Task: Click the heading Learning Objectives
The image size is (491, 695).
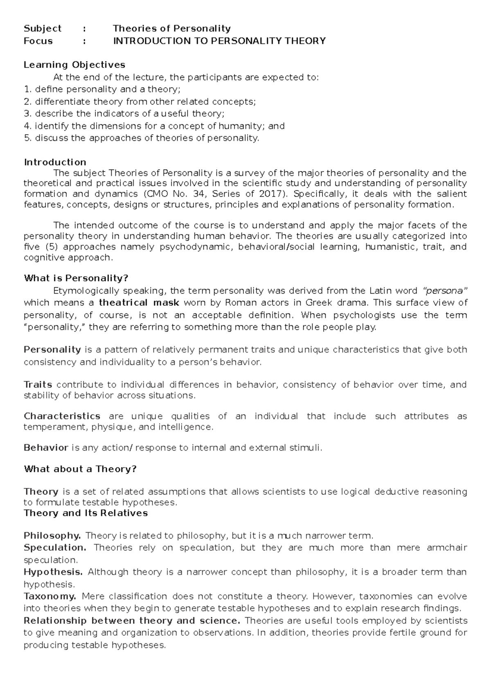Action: click(74, 65)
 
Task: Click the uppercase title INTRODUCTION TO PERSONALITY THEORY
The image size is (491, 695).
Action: click(219, 41)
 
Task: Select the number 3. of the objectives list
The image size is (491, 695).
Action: click(27, 114)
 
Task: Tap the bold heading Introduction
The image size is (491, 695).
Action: click(55, 162)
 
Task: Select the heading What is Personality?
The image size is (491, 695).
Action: click(76, 278)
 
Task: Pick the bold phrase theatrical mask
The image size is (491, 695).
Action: click(139, 303)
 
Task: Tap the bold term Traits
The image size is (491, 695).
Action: click(38, 385)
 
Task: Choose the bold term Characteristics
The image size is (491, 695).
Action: click(62, 416)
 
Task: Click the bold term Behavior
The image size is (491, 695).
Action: click(46, 448)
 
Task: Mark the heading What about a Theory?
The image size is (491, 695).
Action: click(80, 469)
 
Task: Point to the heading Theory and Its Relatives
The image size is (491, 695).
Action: click(86, 513)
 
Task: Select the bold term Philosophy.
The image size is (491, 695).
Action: click(52, 536)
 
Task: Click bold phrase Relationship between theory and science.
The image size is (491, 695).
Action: click(132, 621)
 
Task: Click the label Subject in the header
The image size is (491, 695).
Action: click(43, 29)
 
